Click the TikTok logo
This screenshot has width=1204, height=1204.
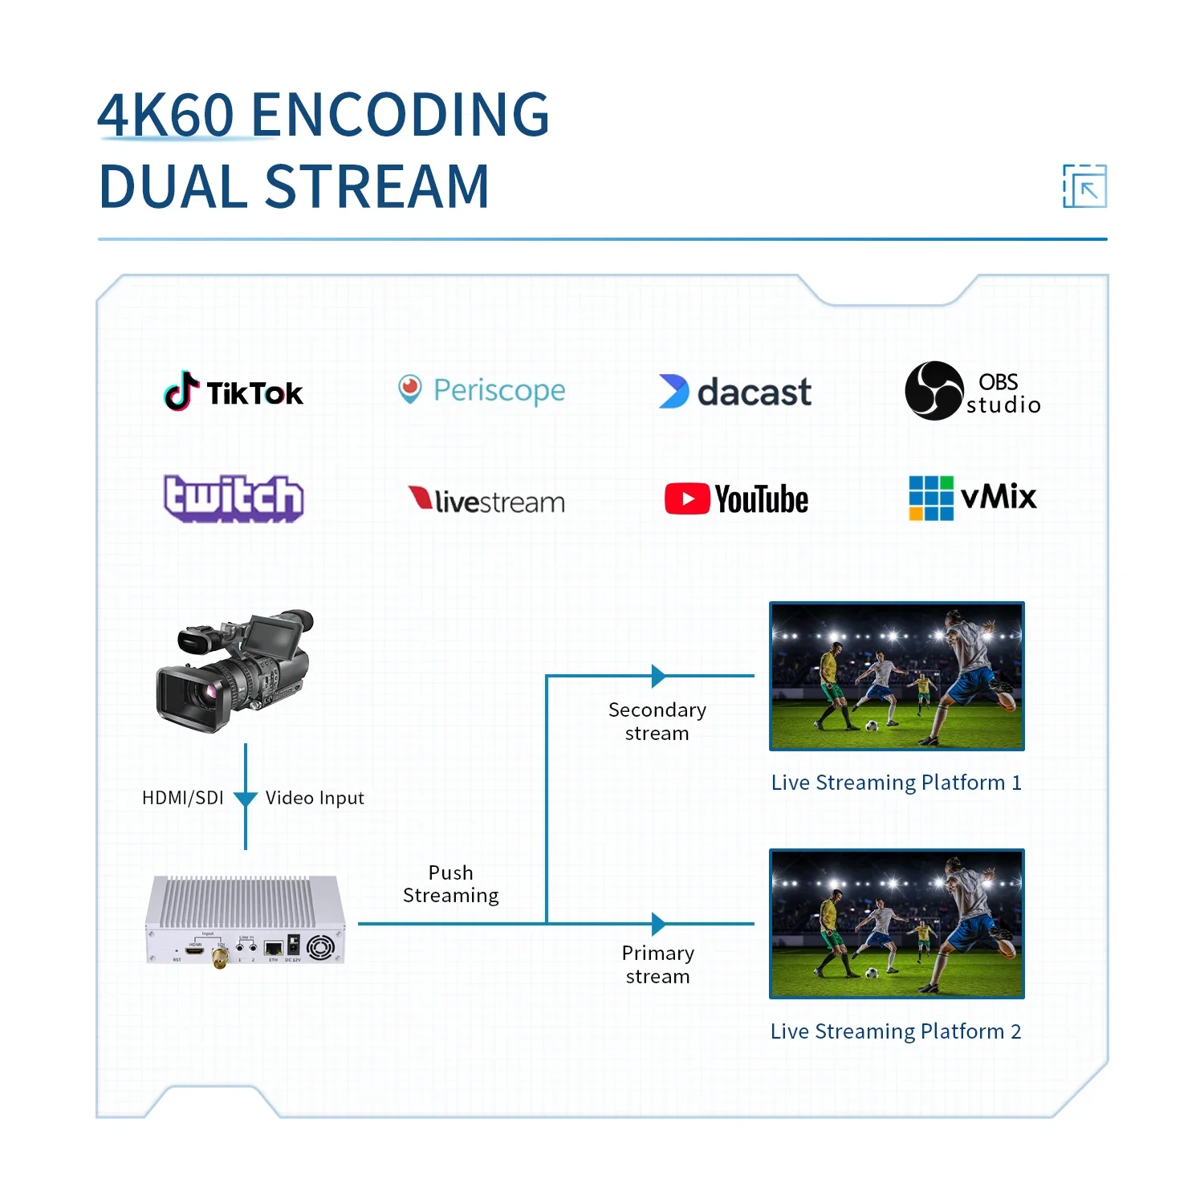tap(234, 392)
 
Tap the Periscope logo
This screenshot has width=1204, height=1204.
tap(482, 390)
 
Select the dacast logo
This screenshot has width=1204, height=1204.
tap(735, 392)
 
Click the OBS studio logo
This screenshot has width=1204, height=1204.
tap(972, 391)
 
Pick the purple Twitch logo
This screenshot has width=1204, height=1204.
tap(234, 498)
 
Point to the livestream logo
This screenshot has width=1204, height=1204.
tap(486, 501)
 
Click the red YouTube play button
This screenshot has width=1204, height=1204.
tap(687, 499)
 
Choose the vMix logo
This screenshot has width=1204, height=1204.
tap(972, 498)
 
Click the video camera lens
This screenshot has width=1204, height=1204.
tap(187, 696)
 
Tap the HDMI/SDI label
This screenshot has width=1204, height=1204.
tap(183, 798)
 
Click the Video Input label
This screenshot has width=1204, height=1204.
tap(315, 798)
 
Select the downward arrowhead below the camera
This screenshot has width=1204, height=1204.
tap(246, 799)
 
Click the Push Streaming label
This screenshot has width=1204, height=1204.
tap(451, 884)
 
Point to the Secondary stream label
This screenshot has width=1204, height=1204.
tap(657, 722)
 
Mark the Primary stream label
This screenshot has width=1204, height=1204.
tap(658, 965)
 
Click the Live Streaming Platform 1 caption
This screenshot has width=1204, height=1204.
tap(896, 783)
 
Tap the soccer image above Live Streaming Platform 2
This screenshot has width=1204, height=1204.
tap(897, 923)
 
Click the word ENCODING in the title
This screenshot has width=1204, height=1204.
tap(401, 114)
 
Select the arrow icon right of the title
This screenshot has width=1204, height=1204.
tap(1085, 186)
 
